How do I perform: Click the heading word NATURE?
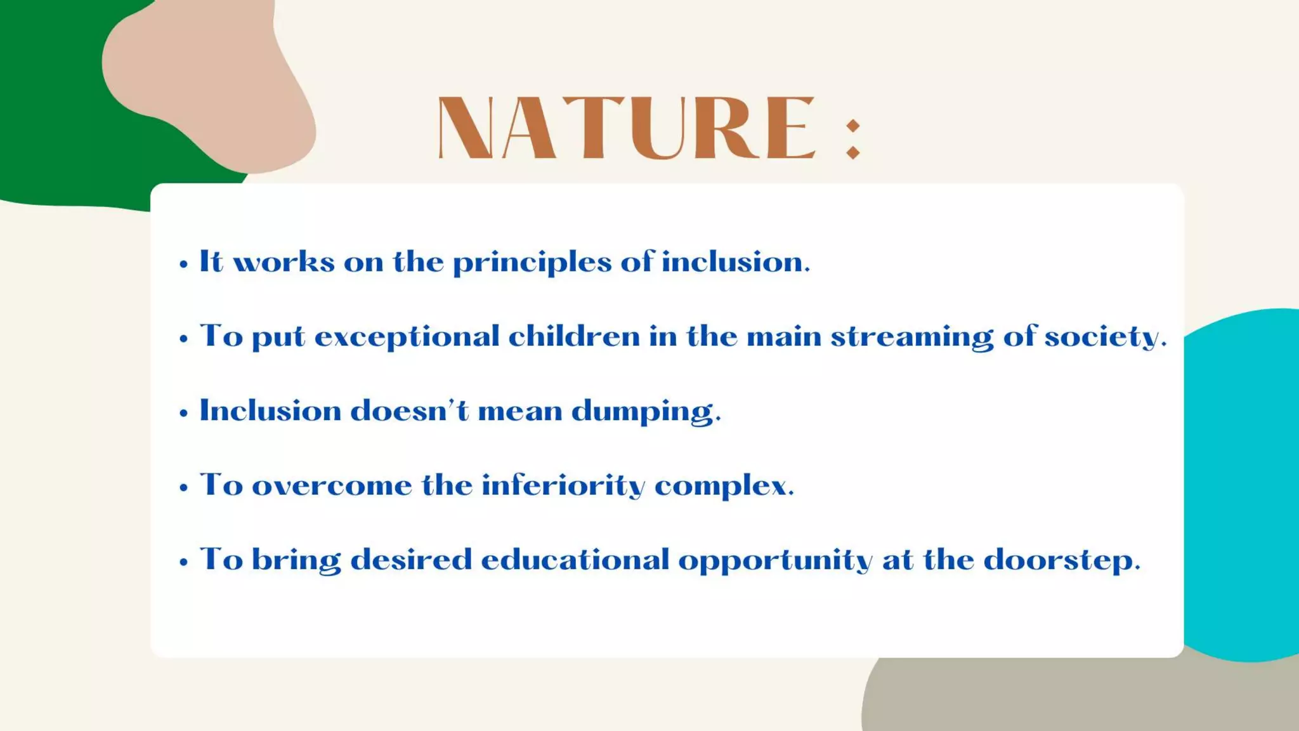[626, 128]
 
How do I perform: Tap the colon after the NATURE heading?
[853, 139]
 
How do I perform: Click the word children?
[574, 336]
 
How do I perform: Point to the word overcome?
[332, 486]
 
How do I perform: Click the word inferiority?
[563, 486]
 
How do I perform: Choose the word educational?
[575, 560]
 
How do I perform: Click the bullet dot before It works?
[184, 264]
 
